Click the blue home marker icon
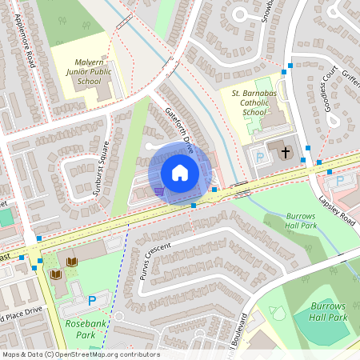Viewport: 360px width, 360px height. [x=180, y=172]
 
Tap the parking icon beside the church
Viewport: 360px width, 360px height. [x=259, y=158]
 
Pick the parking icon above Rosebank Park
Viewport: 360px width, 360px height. [x=92, y=301]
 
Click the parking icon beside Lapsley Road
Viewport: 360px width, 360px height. [x=340, y=182]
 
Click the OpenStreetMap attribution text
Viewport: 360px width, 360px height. [x=80, y=354]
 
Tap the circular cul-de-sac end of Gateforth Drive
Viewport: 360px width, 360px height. [x=150, y=146]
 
